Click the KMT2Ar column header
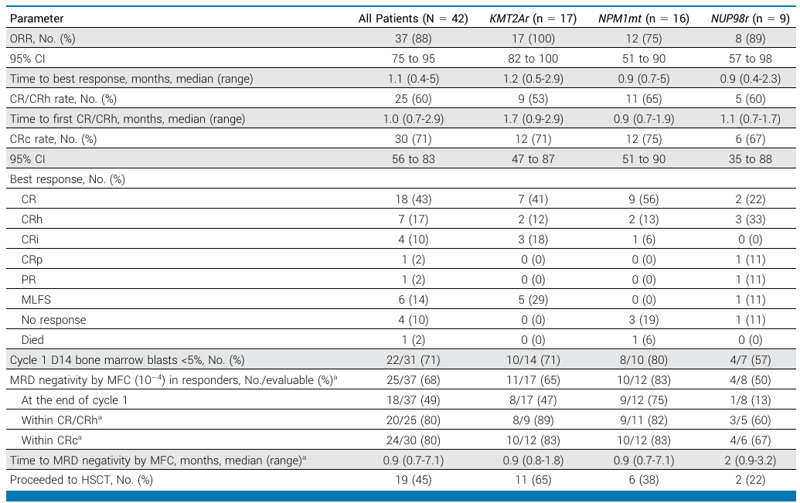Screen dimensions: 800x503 (x=533, y=19)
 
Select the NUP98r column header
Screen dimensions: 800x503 (x=750, y=19)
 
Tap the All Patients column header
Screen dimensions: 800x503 (x=414, y=19)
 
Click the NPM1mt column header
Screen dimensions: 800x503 (x=644, y=19)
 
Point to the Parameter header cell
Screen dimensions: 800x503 (x=37, y=19)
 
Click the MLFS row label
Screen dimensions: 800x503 (x=36, y=300)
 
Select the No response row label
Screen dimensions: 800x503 (x=53, y=320)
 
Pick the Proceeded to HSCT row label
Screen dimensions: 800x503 (x=81, y=480)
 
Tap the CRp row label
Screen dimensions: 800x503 (x=32, y=260)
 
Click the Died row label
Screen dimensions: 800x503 (x=32, y=340)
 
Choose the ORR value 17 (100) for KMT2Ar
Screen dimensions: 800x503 (x=533, y=39)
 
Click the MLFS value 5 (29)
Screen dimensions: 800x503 (x=533, y=300)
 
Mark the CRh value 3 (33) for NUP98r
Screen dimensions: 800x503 (x=750, y=219)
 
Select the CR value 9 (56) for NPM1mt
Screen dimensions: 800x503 (x=644, y=199)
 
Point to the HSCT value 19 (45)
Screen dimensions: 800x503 (x=414, y=480)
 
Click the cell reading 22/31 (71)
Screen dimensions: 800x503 (x=414, y=360)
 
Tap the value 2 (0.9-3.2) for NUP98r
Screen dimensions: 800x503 (x=750, y=461)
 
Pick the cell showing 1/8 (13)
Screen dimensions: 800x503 (x=750, y=400)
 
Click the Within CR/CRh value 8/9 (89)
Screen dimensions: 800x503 (x=533, y=420)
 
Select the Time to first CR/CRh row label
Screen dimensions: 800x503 (x=128, y=119)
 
